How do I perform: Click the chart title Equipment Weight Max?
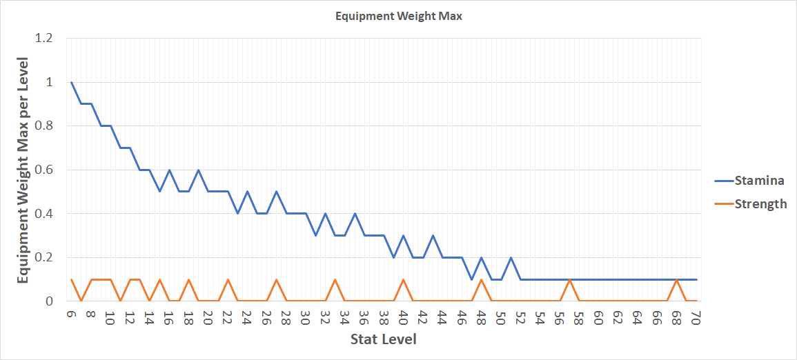coord(398,17)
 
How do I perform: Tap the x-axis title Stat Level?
coord(383,339)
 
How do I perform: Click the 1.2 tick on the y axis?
coord(43,38)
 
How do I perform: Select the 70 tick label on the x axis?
coord(696,318)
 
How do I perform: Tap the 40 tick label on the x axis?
coord(403,318)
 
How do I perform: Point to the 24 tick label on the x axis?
coord(247,318)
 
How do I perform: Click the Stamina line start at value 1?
coord(71,82)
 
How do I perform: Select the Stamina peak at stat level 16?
coord(169,170)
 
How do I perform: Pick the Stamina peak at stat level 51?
coord(511,257)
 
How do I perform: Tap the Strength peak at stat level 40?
coord(403,279)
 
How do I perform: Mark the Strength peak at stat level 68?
coord(677,279)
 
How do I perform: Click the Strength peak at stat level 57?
coord(569,279)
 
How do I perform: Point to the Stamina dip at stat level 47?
coord(471,279)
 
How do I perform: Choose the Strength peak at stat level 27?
coord(276,279)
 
